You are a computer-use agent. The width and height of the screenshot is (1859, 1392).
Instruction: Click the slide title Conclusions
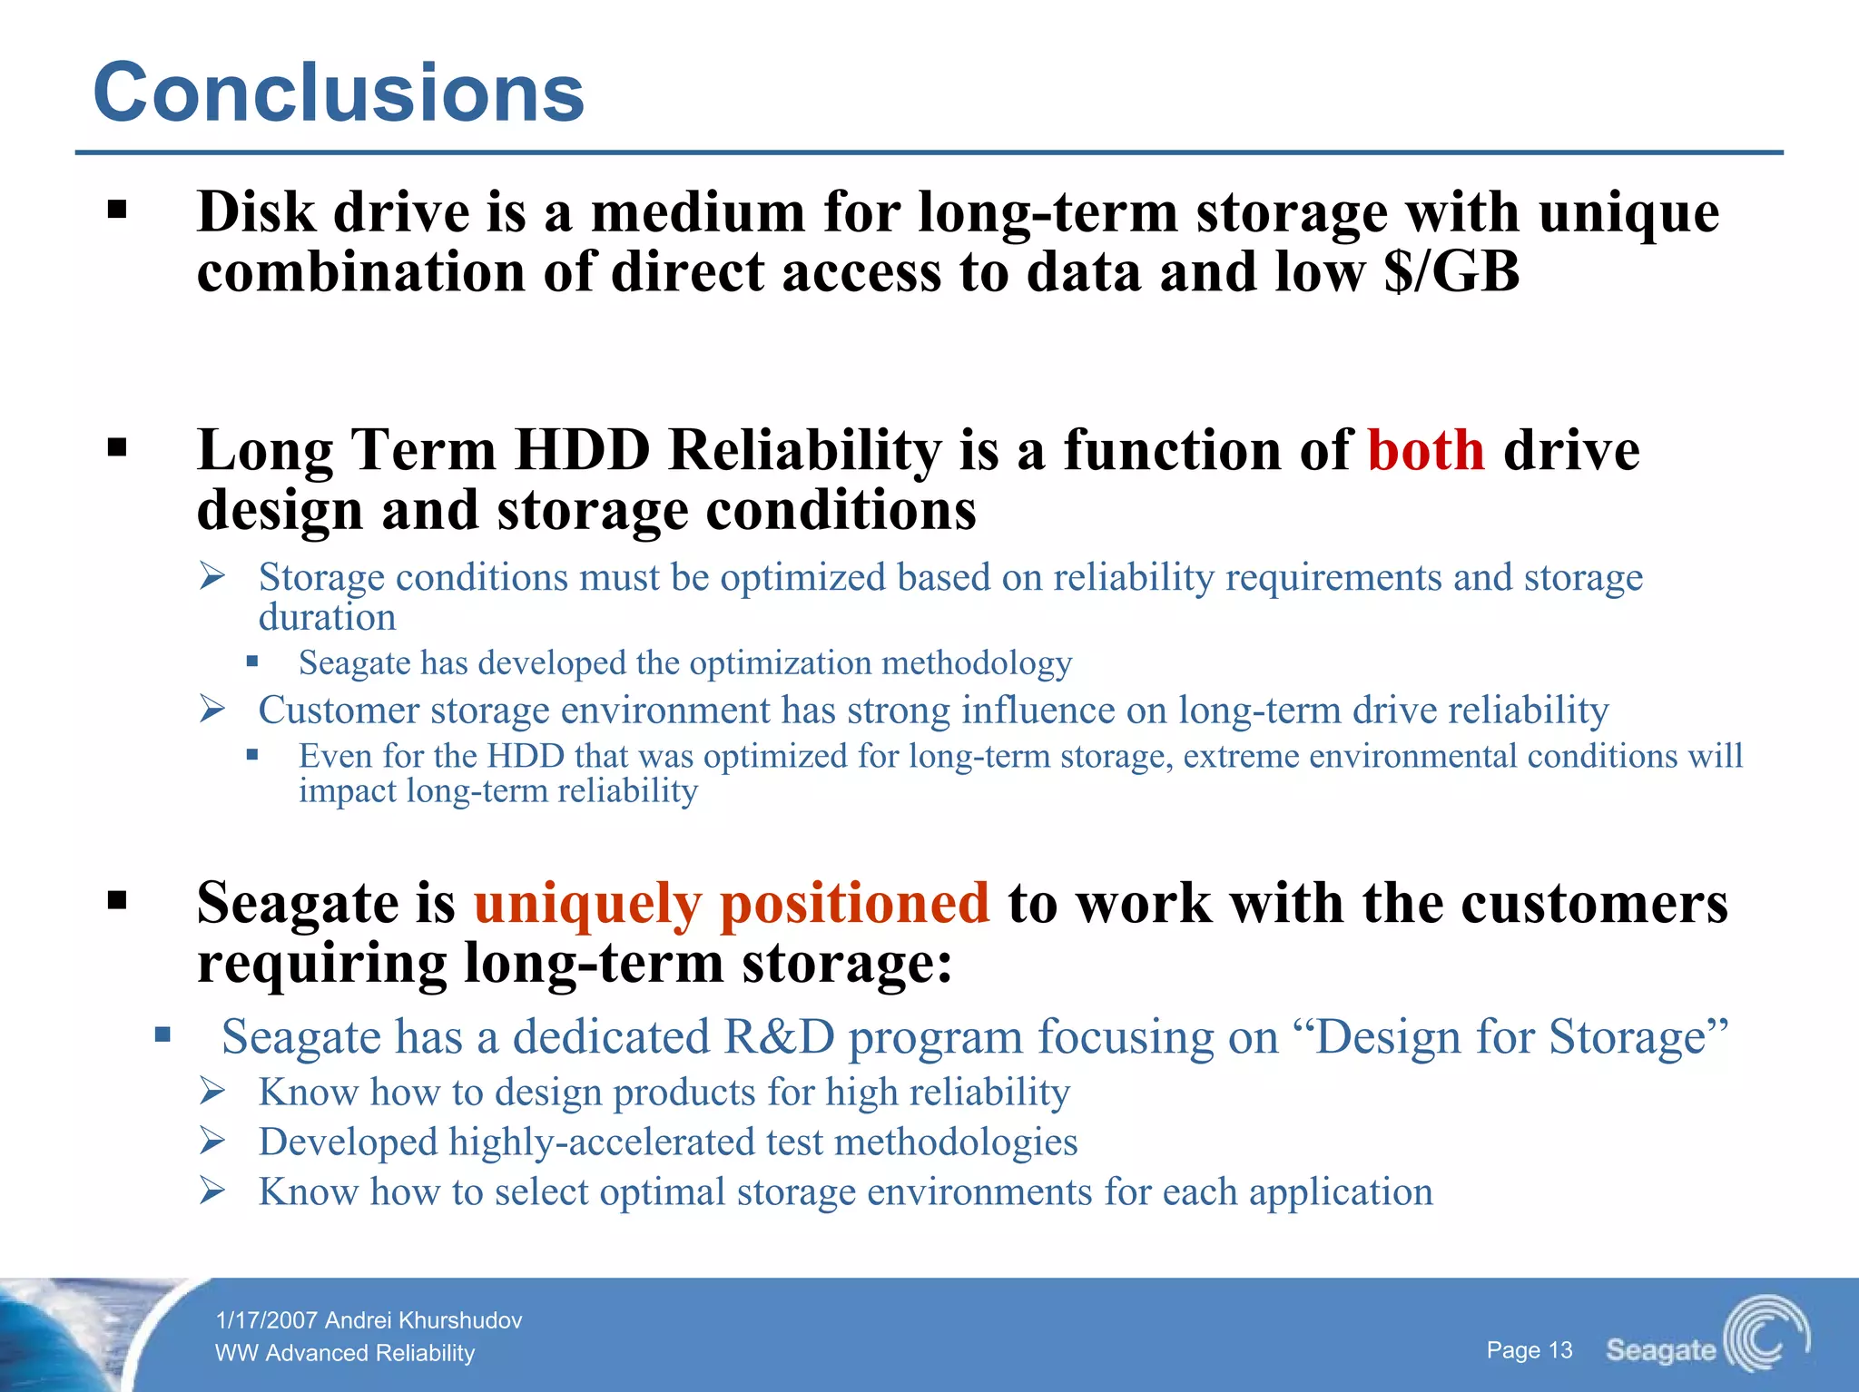339,93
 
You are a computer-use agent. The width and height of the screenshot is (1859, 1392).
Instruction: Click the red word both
1425,451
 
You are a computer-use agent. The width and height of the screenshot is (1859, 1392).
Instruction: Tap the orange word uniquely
587,905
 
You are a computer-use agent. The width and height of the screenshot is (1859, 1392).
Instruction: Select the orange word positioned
853,905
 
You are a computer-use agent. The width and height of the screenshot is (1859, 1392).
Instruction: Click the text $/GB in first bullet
1451,272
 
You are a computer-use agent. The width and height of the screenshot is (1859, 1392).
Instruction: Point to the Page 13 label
1529,1350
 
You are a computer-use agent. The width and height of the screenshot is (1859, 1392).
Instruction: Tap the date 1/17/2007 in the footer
267,1320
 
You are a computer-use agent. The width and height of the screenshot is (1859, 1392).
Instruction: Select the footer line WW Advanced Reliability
345,1353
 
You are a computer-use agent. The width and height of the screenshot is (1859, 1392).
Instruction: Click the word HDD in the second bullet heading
582,451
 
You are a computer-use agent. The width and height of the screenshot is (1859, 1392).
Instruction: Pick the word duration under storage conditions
327,618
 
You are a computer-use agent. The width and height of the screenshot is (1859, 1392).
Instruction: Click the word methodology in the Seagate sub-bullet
976,663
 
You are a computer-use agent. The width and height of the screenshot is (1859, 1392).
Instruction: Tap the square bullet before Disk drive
116,211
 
